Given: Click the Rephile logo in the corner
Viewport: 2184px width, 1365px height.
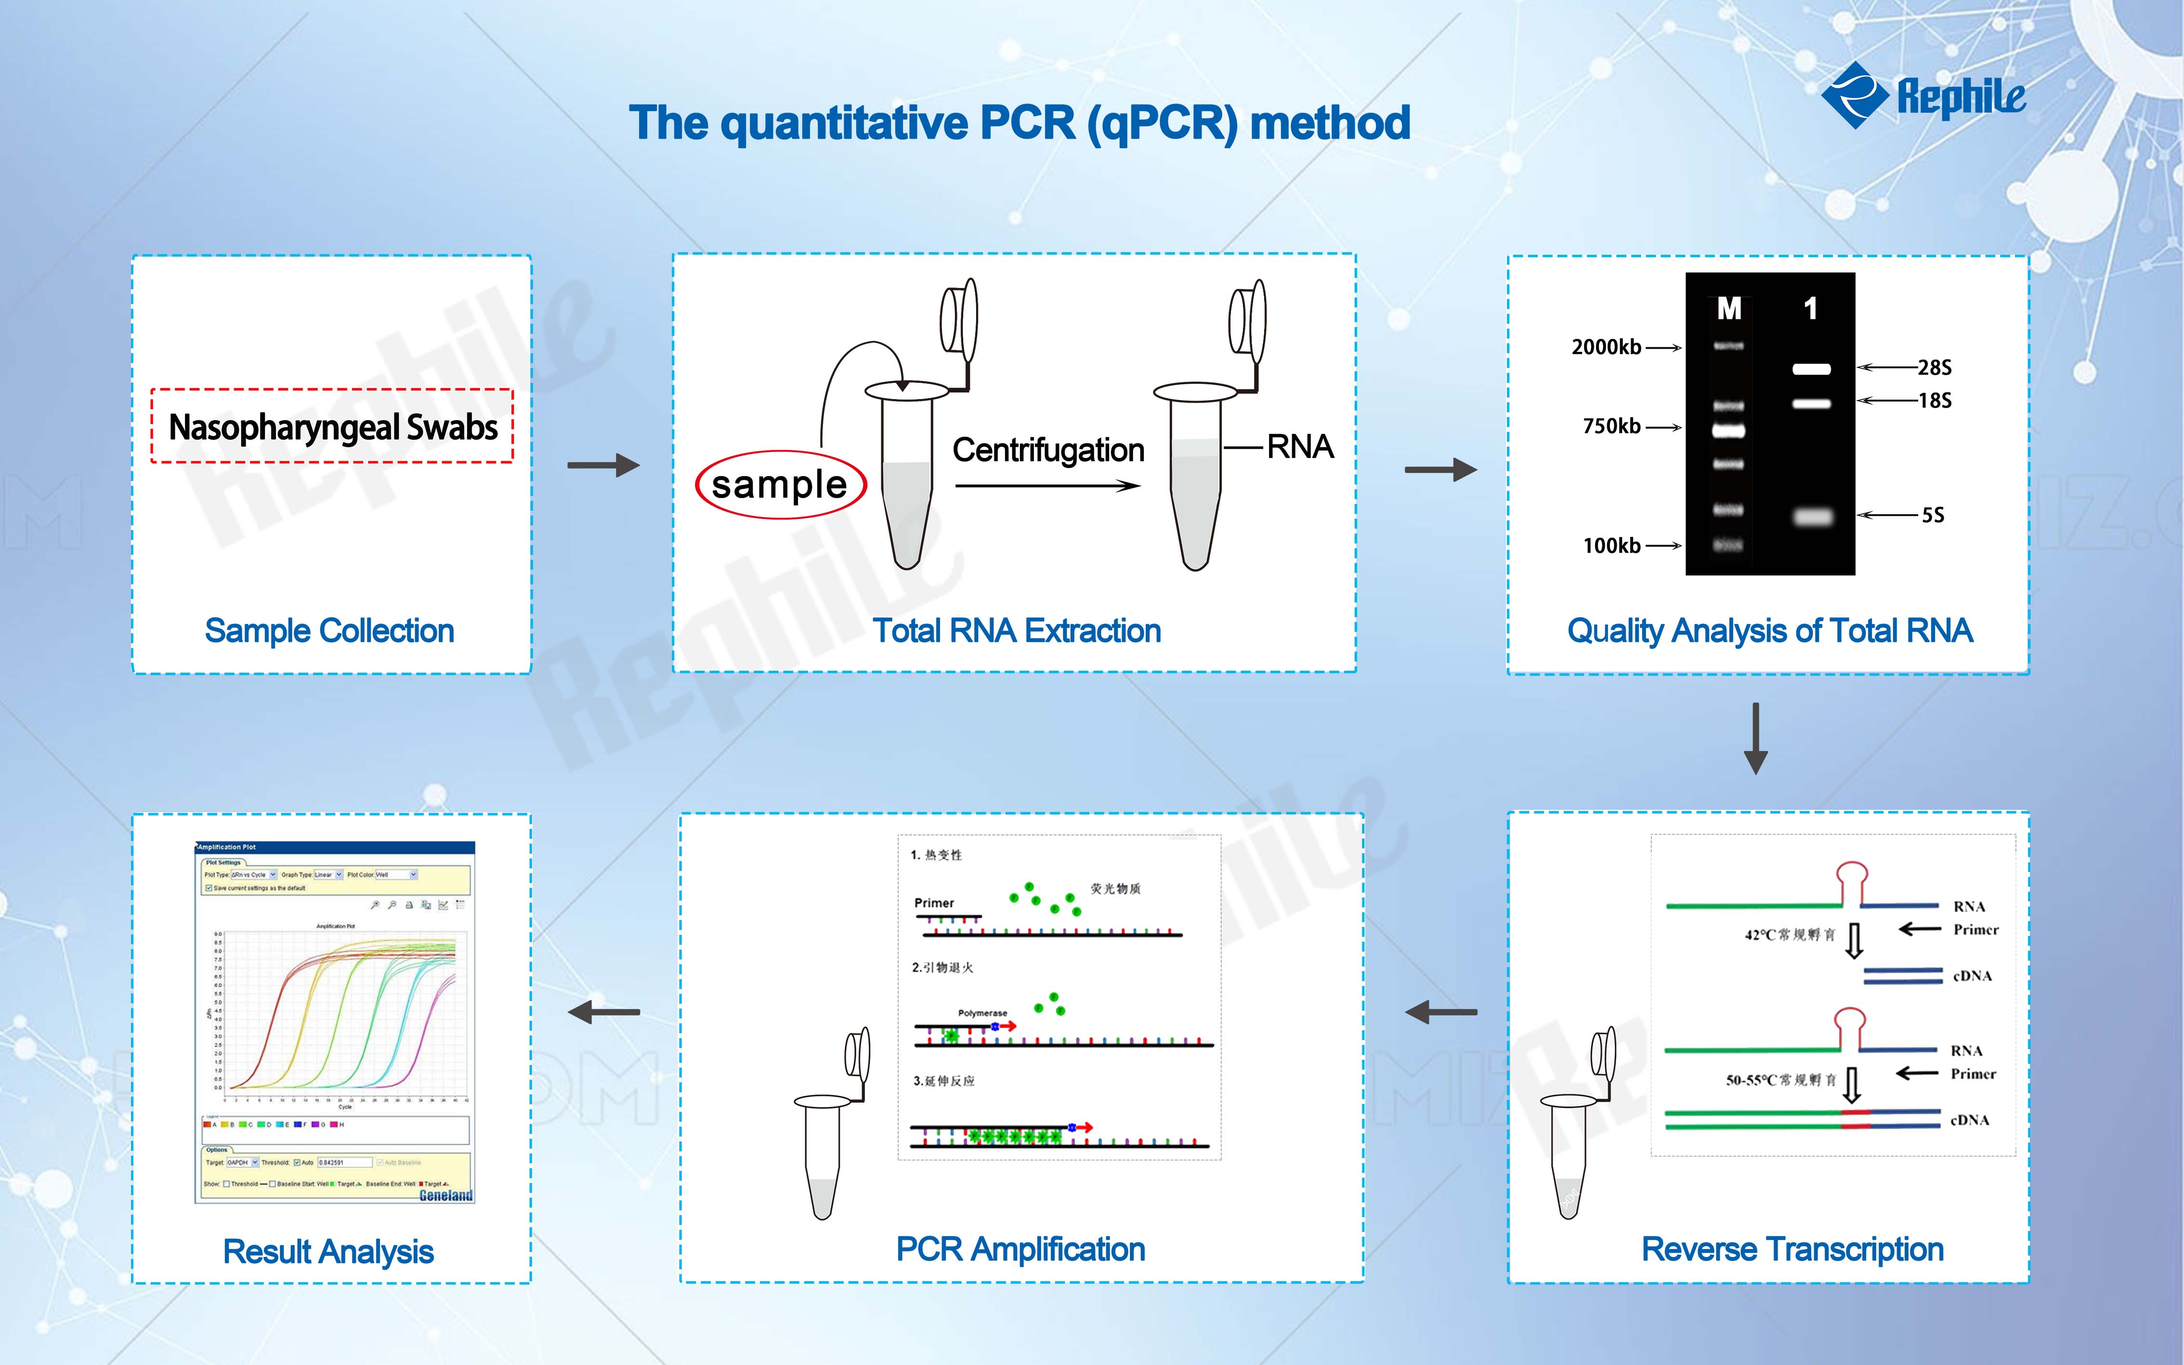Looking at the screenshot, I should [x=1923, y=95].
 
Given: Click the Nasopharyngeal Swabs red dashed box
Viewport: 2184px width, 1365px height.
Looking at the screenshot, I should [x=332, y=426].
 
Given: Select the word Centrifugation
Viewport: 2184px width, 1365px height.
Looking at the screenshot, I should [x=1048, y=450].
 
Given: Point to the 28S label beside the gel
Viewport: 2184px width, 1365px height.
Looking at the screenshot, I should [x=1934, y=367].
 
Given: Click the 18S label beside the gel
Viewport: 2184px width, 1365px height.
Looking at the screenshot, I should [x=1934, y=400].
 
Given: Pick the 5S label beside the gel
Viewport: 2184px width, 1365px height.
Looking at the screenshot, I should [x=1932, y=516].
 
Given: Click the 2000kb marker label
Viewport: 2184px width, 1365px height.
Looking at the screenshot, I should [x=1606, y=347].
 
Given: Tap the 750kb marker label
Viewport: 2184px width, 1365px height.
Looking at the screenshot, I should [x=1611, y=426].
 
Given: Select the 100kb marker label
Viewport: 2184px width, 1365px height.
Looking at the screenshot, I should [x=1611, y=545].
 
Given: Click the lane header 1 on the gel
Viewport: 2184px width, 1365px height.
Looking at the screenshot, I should [x=1810, y=309].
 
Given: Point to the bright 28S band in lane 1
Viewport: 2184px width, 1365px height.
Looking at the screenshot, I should [x=1811, y=368].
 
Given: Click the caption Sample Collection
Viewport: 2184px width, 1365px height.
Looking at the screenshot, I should [x=329, y=630].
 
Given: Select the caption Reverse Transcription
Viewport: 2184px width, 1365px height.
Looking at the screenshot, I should [x=1792, y=1249].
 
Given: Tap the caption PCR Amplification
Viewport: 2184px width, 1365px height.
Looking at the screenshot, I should [x=1020, y=1249].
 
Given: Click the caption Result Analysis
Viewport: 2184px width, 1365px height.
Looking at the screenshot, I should [x=328, y=1251].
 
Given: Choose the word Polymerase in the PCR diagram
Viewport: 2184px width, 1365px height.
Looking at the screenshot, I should [x=982, y=1013].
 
